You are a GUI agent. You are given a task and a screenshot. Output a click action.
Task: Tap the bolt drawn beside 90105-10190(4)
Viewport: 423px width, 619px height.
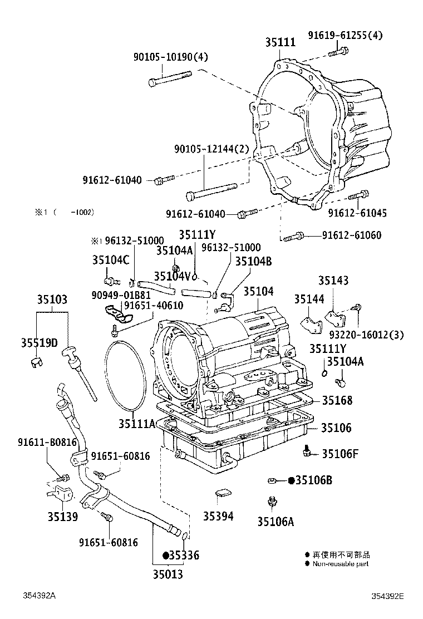click(169, 78)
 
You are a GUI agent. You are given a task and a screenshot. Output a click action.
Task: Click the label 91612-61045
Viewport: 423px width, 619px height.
click(357, 213)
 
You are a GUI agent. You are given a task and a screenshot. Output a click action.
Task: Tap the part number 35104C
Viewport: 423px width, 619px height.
click(111, 259)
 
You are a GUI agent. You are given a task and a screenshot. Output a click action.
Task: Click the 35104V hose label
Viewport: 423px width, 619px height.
click(172, 276)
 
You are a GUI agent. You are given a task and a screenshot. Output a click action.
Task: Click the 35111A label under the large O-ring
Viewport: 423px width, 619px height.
click(136, 424)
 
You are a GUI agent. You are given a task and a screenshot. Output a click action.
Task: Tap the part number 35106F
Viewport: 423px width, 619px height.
click(339, 453)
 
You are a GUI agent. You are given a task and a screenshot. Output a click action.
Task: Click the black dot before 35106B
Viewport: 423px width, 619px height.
click(291, 480)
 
